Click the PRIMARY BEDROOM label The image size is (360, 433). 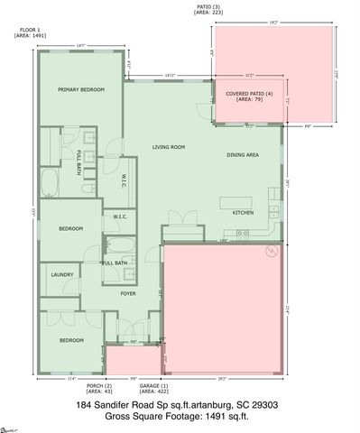80,90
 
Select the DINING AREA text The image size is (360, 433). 243,155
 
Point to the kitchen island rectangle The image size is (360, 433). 241,196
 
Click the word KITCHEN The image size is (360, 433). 243,213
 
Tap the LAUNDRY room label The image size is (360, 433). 62,274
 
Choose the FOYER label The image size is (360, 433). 129,293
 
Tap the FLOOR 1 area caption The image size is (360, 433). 28,33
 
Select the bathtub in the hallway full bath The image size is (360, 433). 121,247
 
